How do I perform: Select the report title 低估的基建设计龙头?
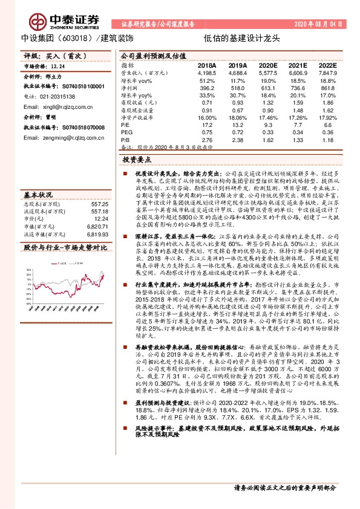(242, 37)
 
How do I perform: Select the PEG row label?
(126, 132)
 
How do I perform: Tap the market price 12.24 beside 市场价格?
(57, 65)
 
